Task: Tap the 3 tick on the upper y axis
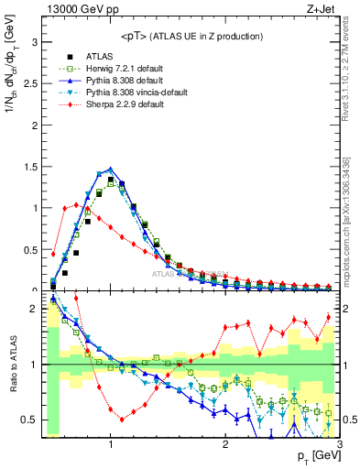click(x=33, y=42)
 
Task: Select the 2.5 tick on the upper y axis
click(x=28, y=83)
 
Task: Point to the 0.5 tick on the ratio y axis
click(x=28, y=420)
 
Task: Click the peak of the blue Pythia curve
click(x=111, y=169)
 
